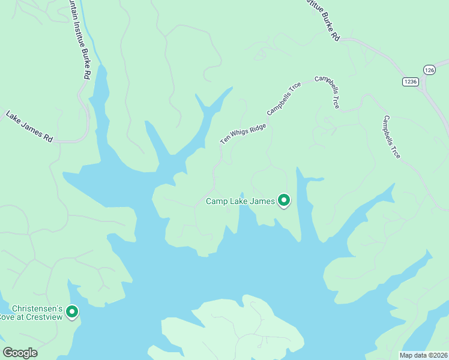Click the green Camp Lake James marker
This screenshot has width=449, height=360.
click(283, 200)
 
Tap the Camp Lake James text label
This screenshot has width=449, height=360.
click(240, 202)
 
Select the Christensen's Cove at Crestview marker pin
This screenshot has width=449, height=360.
click(72, 311)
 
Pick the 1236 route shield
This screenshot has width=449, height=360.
click(410, 82)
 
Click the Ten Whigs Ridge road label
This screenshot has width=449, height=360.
click(243, 130)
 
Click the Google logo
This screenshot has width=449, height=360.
click(20, 353)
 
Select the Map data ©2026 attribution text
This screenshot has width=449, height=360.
click(423, 355)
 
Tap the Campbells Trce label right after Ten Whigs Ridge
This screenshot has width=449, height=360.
click(284, 100)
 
